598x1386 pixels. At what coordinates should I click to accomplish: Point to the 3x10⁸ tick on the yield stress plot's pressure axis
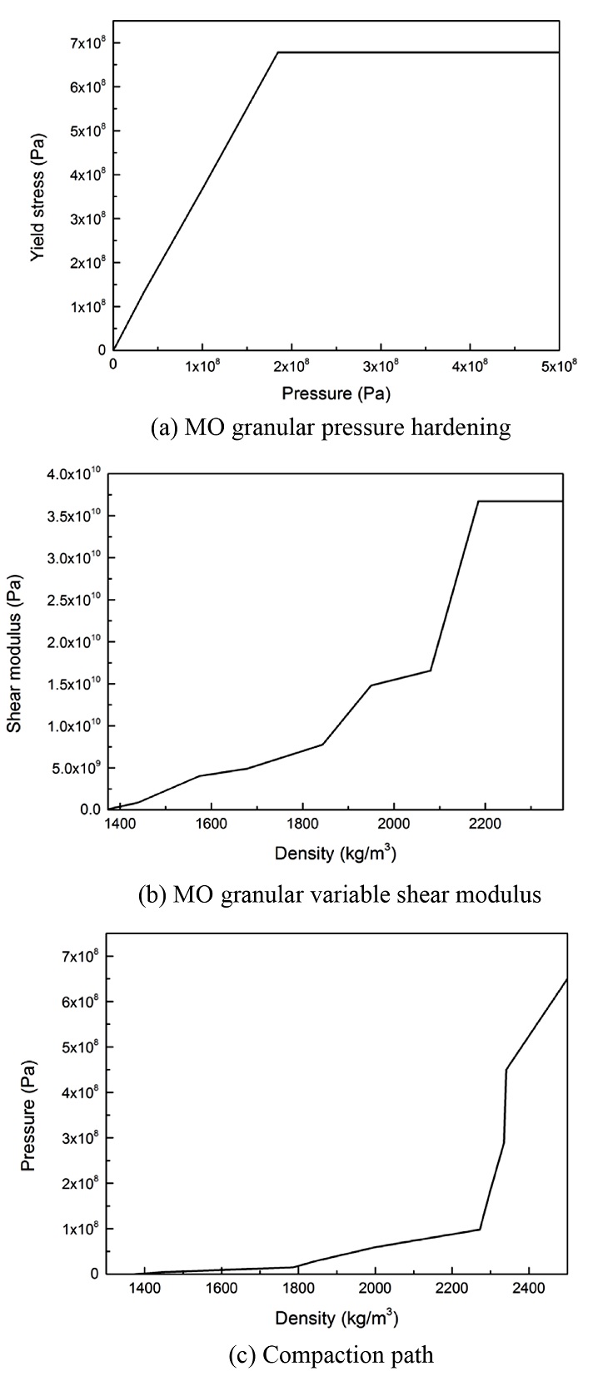381,364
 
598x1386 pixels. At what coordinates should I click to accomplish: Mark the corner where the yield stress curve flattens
277,52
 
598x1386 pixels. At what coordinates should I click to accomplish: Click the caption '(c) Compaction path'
331,1354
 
